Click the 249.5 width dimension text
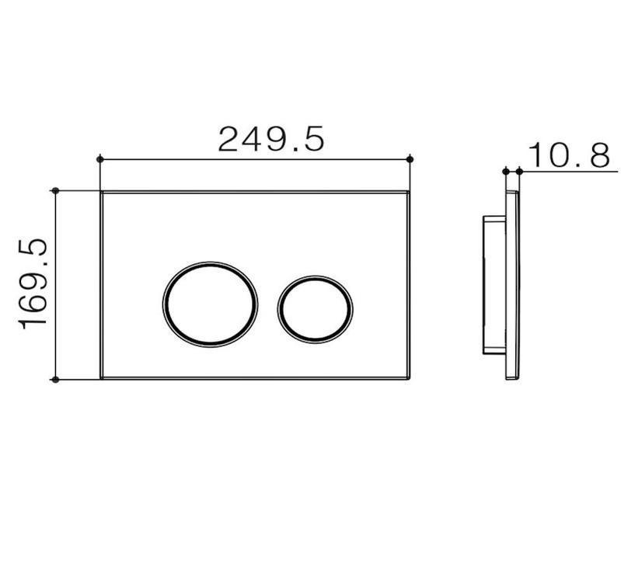pyautogui.click(x=270, y=139)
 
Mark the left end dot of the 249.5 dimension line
pyautogui.click(x=99, y=159)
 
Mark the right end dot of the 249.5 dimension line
pyautogui.click(x=410, y=159)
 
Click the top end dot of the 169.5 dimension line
pyautogui.click(x=54, y=190)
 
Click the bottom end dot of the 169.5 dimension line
pyautogui.click(x=54, y=379)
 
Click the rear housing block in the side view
pyautogui.click(x=494, y=284)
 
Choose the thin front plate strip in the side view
pyautogui.click(x=512, y=284)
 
